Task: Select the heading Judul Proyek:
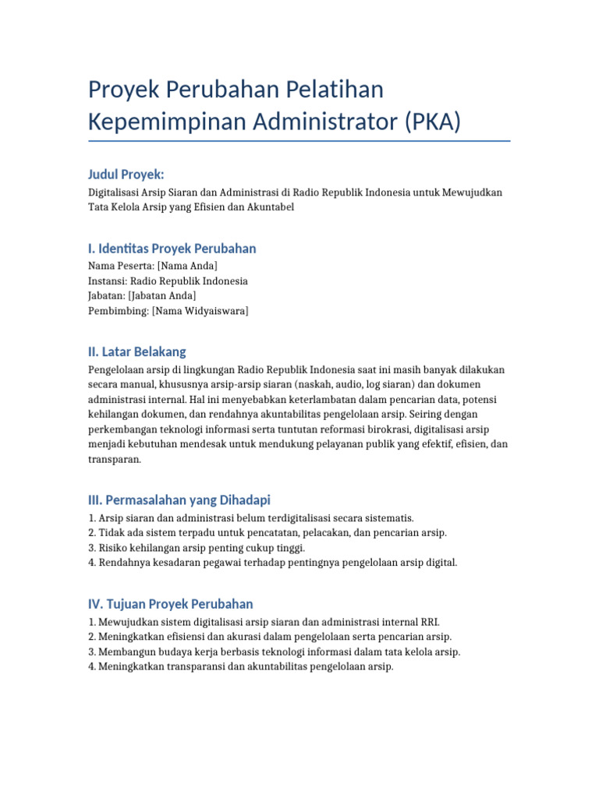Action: (126, 174)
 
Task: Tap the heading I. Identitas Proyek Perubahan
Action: (172, 249)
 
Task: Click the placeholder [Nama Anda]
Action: (182, 266)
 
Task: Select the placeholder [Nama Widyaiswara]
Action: (200, 311)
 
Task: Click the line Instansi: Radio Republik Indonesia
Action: (168, 281)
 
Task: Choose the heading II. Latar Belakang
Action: (137, 351)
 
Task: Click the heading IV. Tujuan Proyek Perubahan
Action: (171, 604)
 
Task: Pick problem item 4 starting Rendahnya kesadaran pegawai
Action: (273, 563)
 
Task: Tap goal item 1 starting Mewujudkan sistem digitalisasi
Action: (264, 622)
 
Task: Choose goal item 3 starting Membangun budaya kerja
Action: (275, 651)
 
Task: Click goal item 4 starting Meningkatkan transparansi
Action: (241, 667)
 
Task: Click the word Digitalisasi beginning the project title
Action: (116, 192)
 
